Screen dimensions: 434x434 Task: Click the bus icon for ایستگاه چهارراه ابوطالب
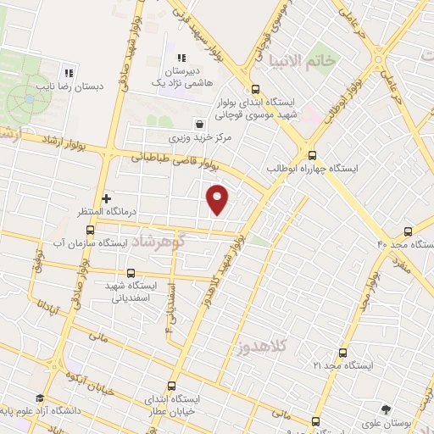point(312,155)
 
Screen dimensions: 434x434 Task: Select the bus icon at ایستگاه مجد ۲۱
point(342,352)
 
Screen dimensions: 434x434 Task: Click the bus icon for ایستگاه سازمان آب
point(91,229)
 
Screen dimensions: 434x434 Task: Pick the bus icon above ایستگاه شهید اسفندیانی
point(130,273)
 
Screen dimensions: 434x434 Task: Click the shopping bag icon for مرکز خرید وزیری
point(198,122)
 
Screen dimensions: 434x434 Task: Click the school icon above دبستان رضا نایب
point(69,70)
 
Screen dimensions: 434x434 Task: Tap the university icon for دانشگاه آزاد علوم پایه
point(40,398)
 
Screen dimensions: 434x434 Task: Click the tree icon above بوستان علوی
point(387,408)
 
